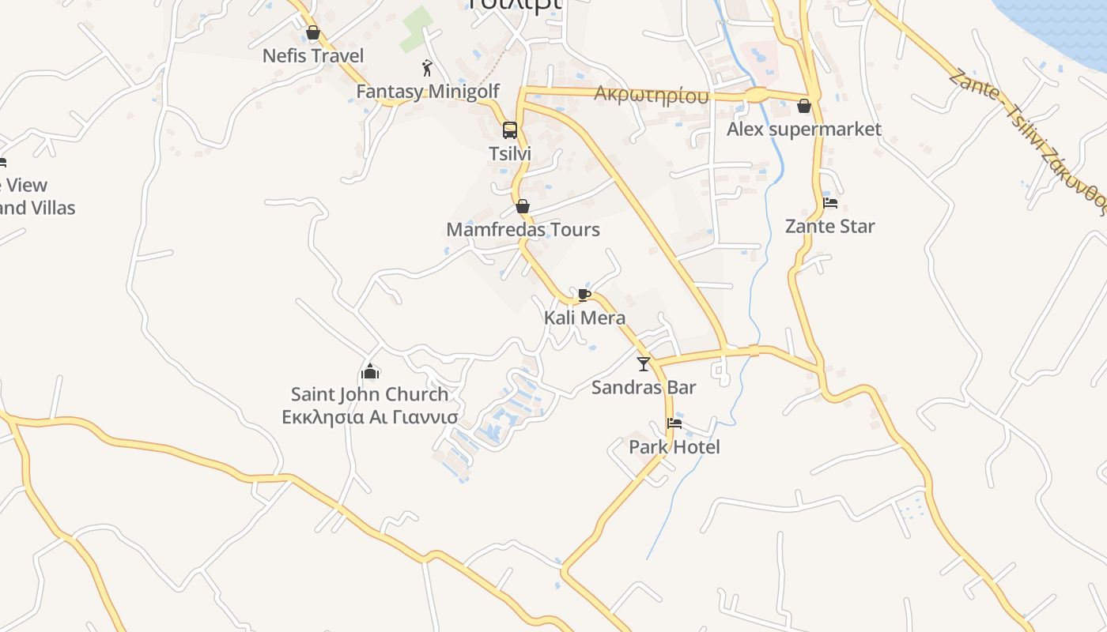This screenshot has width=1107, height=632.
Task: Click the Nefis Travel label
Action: (313, 56)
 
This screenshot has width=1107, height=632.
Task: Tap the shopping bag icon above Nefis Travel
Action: (313, 33)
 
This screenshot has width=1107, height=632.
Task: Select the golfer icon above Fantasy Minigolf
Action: (428, 68)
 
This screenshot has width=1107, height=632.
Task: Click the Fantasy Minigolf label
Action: (428, 92)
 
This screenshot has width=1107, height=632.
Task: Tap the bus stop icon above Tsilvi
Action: (510, 130)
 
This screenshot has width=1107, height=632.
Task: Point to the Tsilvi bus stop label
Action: (510, 154)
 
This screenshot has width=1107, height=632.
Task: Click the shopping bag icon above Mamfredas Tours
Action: (523, 207)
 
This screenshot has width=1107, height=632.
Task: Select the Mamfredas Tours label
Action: (523, 230)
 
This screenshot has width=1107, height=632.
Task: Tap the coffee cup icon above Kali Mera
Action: (584, 295)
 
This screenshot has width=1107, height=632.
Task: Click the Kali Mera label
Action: (584, 318)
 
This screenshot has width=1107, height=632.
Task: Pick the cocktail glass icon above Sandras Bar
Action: (644, 364)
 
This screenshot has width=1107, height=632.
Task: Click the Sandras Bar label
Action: (644, 387)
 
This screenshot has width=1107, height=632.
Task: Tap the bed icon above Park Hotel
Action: (674, 423)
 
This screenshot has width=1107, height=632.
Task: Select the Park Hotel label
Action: (674, 447)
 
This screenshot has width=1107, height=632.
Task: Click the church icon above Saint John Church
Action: (369, 371)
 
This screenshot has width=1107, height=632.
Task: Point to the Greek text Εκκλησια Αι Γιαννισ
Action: (369, 416)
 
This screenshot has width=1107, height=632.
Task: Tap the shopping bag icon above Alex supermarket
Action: (804, 106)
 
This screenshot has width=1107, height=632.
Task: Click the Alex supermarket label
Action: (804, 129)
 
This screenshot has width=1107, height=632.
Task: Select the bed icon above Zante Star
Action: (830, 203)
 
